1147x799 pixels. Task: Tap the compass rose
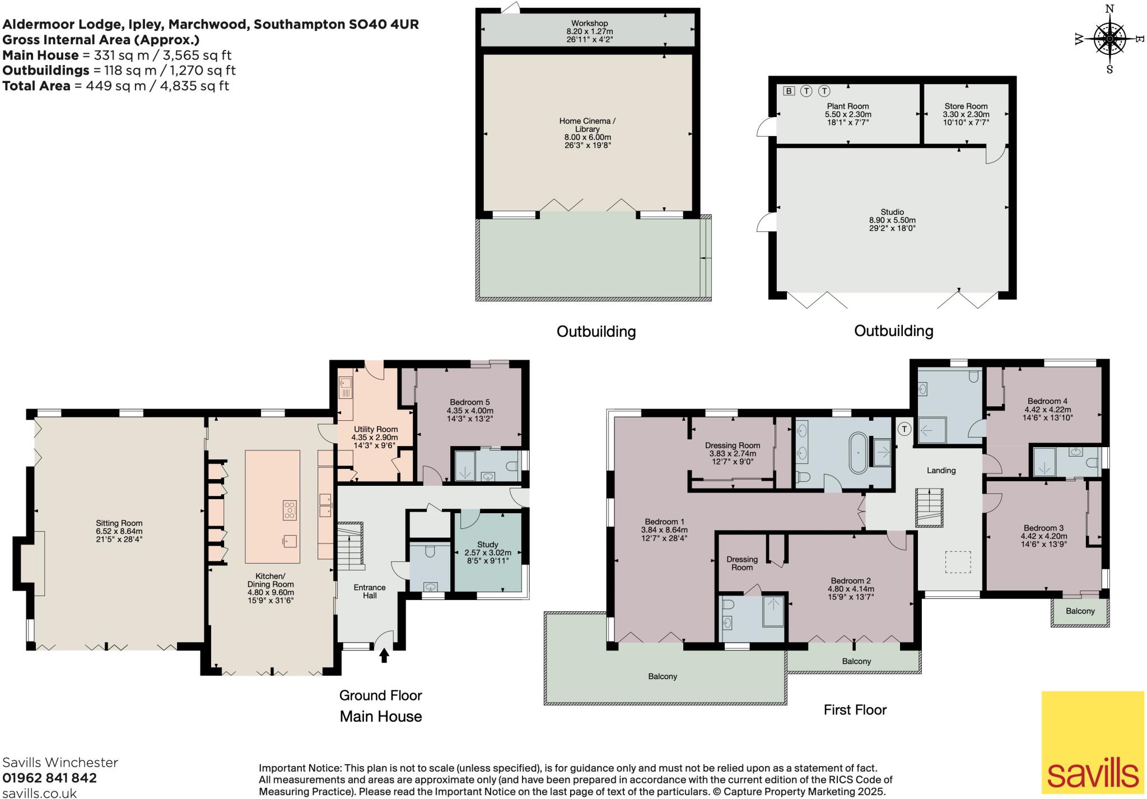(x=1109, y=39)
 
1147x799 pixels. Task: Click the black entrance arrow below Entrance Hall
(x=384, y=655)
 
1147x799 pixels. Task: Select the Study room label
(x=487, y=544)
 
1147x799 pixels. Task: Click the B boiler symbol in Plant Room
(x=789, y=91)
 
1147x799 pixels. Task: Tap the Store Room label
(x=966, y=106)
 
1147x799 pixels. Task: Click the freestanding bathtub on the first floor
(x=857, y=453)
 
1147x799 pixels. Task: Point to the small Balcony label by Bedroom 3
(x=1079, y=611)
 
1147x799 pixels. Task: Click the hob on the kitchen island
(x=290, y=510)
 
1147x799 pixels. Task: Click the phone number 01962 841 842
(x=49, y=778)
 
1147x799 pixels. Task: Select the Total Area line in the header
(x=115, y=86)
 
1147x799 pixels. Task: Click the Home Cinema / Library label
(x=587, y=124)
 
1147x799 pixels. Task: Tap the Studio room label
(x=892, y=212)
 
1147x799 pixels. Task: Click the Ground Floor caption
(x=380, y=695)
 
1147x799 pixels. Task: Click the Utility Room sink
(x=346, y=383)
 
